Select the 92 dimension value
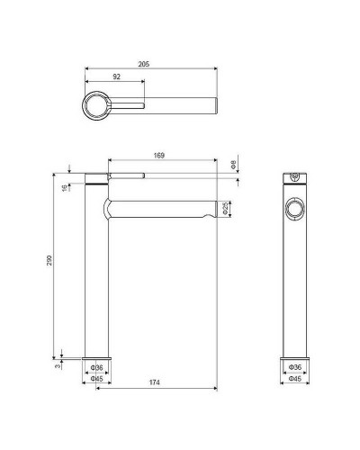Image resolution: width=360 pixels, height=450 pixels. click(116, 78)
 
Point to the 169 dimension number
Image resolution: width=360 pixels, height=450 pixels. click(158, 156)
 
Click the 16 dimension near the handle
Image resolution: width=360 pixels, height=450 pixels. click(63, 187)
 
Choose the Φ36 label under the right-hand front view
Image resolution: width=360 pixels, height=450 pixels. click(293, 368)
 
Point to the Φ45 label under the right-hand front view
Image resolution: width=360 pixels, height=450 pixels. click(293, 378)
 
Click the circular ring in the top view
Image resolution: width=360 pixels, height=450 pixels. click(96, 107)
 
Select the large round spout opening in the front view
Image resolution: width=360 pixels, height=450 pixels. click(293, 210)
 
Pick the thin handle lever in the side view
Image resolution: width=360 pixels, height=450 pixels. click(126, 174)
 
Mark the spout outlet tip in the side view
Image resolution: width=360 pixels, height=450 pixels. click(212, 212)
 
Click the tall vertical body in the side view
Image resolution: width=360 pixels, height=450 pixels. click(96, 288)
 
